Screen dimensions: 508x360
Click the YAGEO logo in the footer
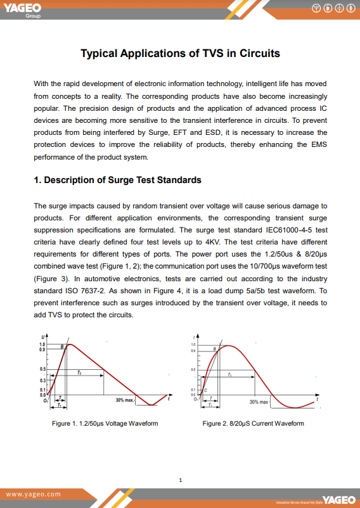pyautogui.click(x=339, y=500)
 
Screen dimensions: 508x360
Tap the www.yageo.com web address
pyautogui.click(x=34, y=494)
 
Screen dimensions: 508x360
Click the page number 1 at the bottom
pyautogui.click(x=181, y=480)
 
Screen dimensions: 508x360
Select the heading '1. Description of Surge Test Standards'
pyautogui.click(x=117, y=180)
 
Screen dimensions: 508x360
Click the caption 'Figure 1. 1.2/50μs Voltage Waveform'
pyautogui.click(x=105, y=423)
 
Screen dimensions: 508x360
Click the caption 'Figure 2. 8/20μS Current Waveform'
pyautogui.click(x=253, y=423)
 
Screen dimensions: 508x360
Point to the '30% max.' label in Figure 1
pyautogui.click(x=125, y=400)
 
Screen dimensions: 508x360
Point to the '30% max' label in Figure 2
pyautogui.click(x=259, y=402)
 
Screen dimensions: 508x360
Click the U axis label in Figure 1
pyautogui.click(x=43, y=336)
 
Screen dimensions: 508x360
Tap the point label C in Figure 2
pyautogui.click(x=205, y=391)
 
